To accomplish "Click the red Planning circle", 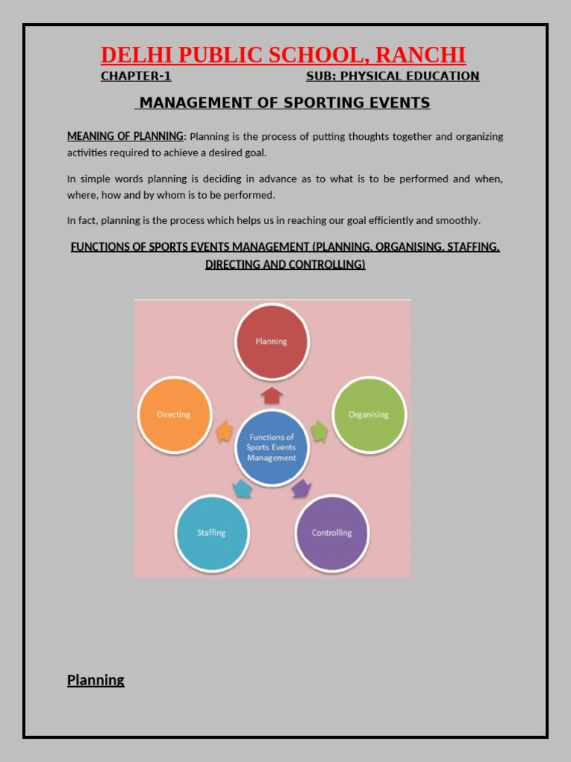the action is coord(271,342).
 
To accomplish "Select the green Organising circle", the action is coord(368,414).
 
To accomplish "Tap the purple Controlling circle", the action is coord(332,533).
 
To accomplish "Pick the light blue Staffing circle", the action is coord(211,533).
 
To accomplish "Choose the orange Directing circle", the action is coord(175,414).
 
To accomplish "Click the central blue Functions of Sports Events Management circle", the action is coord(271,447).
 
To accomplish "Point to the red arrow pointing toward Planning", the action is coord(272,394).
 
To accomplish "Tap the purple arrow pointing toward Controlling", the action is coord(300,488).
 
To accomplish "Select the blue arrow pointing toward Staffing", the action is coord(242,488).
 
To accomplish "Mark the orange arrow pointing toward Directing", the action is coord(224,432).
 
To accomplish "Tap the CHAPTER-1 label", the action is coord(136,76).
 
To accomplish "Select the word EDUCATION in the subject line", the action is coord(443,76).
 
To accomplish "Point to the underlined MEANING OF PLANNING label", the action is coord(125,136).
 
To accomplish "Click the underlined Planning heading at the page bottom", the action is coord(96,679).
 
